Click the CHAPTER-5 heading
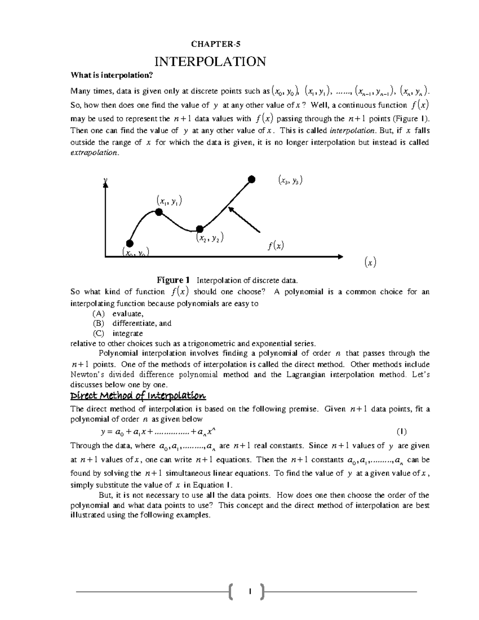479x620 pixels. (x=210, y=44)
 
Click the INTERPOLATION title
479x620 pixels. (x=210, y=61)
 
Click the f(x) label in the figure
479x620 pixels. (x=275, y=246)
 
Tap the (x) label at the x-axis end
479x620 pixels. (x=370, y=262)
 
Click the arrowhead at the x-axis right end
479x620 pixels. (x=340, y=257)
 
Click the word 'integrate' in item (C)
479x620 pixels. (x=127, y=333)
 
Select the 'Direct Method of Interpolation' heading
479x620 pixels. (x=138, y=396)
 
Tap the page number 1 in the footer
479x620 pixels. (x=249, y=592)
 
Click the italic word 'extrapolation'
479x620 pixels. (x=94, y=153)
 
